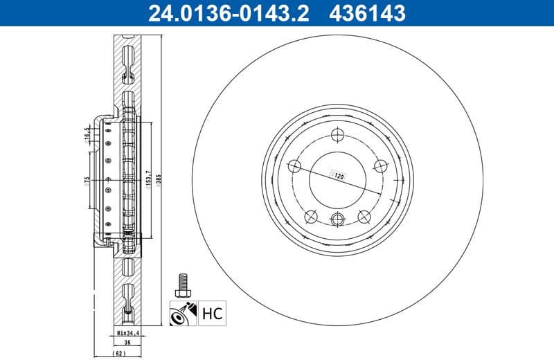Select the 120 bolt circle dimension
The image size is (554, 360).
339,177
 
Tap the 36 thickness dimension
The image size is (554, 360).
127,342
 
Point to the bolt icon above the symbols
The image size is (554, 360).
183,282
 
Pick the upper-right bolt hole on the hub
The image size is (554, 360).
379,165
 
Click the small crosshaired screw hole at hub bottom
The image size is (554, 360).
338,220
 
